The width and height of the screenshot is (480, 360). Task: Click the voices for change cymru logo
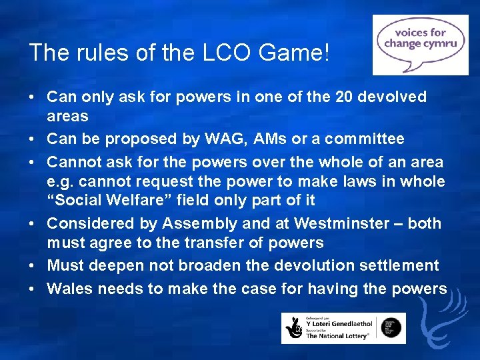[420, 45]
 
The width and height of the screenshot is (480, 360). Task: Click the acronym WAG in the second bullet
[230, 139]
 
